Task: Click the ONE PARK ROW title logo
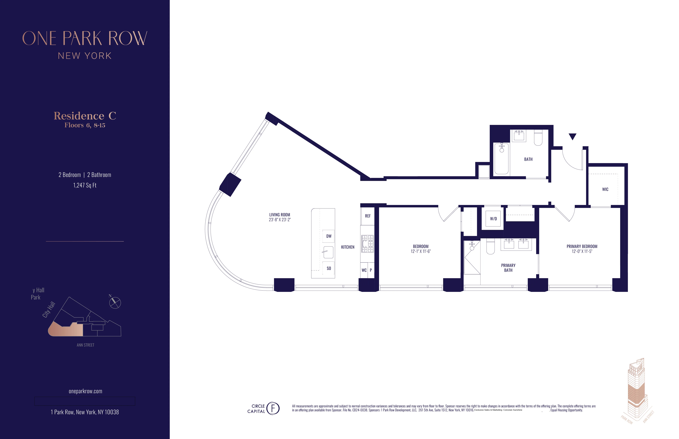click(85, 38)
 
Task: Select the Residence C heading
click(85, 116)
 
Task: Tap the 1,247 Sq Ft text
click(85, 185)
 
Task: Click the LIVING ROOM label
click(280, 215)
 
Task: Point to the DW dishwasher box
click(329, 236)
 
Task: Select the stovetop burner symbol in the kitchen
click(367, 244)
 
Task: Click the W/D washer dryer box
click(493, 219)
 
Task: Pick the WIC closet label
click(605, 189)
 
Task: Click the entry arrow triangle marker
click(572, 136)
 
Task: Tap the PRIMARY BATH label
click(508, 268)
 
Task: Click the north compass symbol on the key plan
click(115, 303)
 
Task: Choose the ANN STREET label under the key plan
click(85, 345)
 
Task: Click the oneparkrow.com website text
click(85, 391)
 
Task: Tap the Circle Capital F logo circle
click(273, 408)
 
